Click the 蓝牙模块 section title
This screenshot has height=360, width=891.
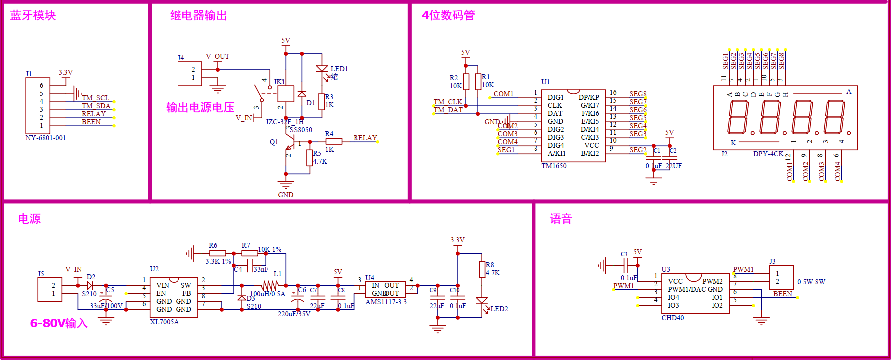33,15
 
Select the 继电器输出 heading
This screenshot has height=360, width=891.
198,15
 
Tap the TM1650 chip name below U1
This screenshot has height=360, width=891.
554,166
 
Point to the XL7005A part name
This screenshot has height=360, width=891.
164,322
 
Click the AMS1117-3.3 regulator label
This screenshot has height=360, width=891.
386,302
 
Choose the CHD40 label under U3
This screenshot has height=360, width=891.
672,318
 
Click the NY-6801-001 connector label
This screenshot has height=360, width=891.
45,138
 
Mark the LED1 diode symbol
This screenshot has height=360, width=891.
322,69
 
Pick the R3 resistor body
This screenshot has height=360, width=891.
322,101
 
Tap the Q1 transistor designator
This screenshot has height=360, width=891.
274,142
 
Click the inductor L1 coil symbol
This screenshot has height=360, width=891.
270,285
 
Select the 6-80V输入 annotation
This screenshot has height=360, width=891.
59,323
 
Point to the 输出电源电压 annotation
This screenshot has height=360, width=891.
200,107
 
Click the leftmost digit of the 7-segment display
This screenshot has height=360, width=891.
738,117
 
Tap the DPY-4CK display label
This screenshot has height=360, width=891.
768,154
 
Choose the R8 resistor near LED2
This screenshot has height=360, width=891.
482,269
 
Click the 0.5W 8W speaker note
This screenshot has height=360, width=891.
811,282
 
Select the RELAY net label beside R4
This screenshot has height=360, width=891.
365,138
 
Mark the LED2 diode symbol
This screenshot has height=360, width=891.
482,301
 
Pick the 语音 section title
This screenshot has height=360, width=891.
561,219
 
